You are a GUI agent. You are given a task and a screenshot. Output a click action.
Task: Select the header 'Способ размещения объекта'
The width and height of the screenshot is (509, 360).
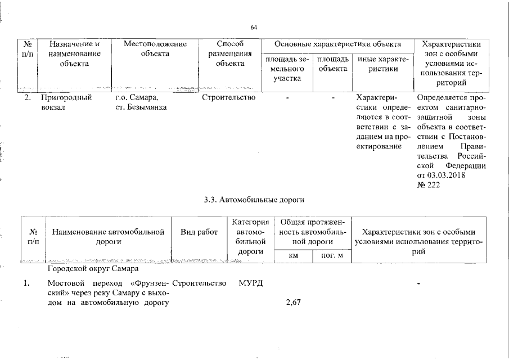tap(229, 53)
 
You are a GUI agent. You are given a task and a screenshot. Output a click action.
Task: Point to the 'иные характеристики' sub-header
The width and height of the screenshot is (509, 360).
tap(382, 64)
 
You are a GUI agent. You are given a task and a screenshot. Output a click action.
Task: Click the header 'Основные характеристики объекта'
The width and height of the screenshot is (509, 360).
tap(337, 43)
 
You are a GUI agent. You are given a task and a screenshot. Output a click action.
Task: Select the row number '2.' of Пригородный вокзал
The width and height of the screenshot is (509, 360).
tap(27, 97)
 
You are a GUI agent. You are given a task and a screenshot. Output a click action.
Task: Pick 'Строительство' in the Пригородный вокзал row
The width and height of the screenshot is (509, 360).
tap(228, 97)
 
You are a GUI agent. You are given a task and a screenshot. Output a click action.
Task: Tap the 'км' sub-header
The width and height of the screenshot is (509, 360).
tap(292, 256)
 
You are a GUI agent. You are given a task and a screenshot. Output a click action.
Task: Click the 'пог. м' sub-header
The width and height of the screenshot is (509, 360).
tap(332, 256)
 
